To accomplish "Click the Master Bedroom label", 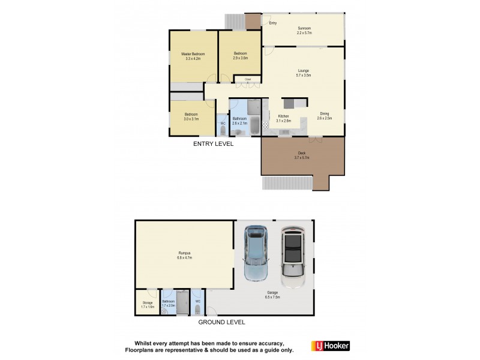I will pyautogui.click(x=193, y=55).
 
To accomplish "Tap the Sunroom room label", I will pyautogui.click(x=305, y=28).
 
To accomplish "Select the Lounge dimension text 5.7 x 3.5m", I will pyautogui.click(x=304, y=76).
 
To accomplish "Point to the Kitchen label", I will pyautogui.click(x=283, y=116).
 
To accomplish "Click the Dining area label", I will pyautogui.click(x=324, y=113).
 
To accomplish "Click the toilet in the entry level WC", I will pyautogui.click(x=222, y=130).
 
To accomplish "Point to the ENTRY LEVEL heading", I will pyautogui.click(x=213, y=145).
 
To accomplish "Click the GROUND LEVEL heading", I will pyautogui.click(x=223, y=322).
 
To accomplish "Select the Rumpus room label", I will pyautogui.click(x=185, y=255).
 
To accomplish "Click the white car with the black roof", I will pyautogui.click(x=293, y=253).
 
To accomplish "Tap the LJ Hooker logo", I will pyautogui.click(x=330, y=346).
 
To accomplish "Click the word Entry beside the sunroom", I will pyautogui.click(x=273, y=23).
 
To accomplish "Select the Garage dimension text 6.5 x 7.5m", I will pyautogui.click(x=273, y=296).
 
